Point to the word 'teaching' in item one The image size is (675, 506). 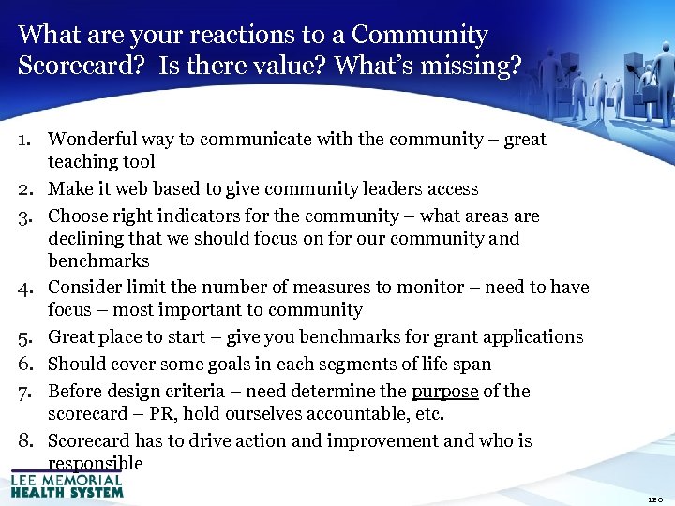(82, 161)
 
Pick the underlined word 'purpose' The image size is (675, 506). (445, 392)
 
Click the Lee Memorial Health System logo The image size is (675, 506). (67, 484)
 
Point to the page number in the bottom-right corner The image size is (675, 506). (655, 499)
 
